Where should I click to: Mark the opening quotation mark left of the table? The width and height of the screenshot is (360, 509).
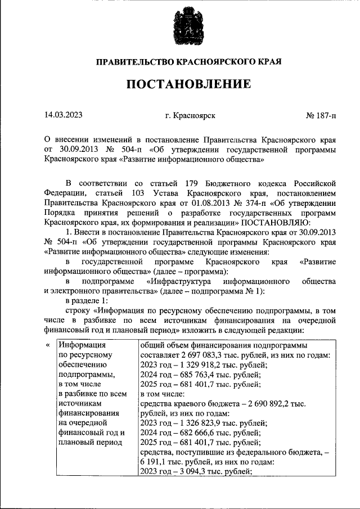(x=47, y=345)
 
